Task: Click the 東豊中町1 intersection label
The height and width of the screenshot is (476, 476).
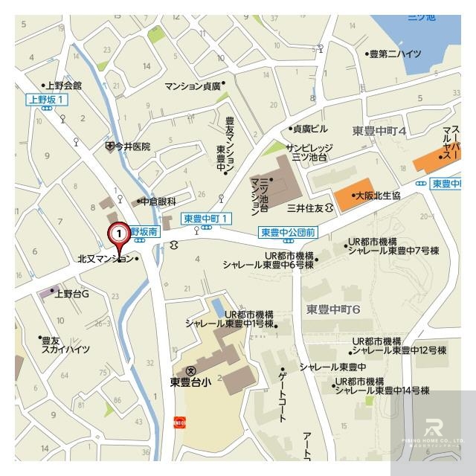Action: click(208, 218)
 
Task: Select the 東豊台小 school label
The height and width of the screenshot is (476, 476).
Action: click(191, 385)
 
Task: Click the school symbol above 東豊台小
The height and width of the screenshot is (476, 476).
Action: click(191, 370)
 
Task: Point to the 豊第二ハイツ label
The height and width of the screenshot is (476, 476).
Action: click(398, 54)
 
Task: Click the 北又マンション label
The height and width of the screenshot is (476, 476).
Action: click(106, 259)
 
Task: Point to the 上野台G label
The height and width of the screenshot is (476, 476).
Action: click(71, 293)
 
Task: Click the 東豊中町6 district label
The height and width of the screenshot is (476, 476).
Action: click(333, 308)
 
